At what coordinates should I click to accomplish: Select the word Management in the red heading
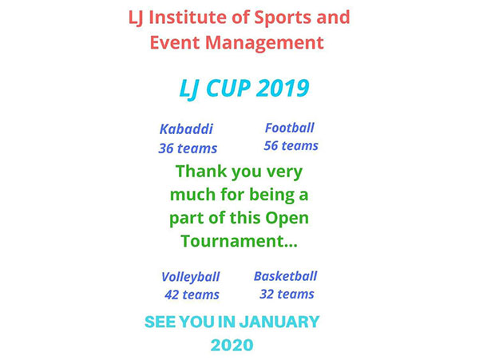(x=264, y=43)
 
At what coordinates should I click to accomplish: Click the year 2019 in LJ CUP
(x=283, y=88)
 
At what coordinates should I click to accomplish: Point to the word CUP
(x=228, y=89)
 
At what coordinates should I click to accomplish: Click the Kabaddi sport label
(x=186, y=129)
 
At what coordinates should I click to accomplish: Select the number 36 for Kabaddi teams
(x=166, y=148)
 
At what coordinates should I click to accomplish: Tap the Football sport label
(x=289, y=128)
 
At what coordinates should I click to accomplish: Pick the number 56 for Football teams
(x=271, y=145)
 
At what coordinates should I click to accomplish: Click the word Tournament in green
(x=233, y=241)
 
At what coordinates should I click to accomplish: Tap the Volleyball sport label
(x=190, y=277)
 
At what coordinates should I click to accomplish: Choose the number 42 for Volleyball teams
(x=172, y=295)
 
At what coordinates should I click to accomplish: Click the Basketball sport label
(x=285, y=276)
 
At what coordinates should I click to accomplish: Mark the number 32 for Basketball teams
(x=267, y=294)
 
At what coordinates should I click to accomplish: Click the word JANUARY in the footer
(x=279, y=322)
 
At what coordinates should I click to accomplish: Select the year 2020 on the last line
(x=232, y=346)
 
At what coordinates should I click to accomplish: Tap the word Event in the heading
(x=175, y=43)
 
